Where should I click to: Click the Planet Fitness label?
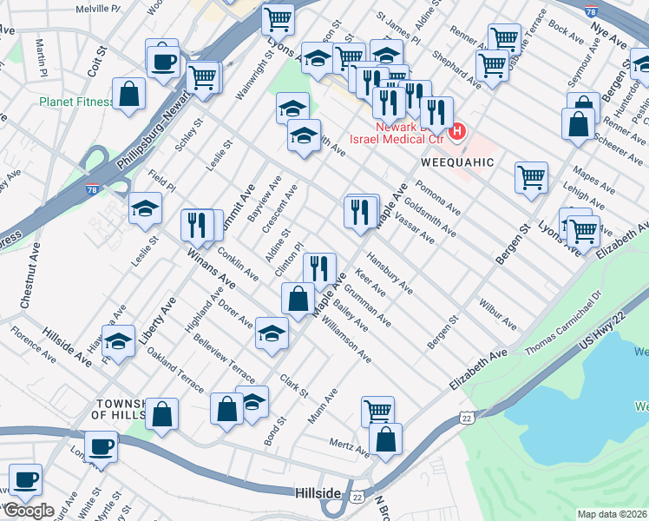(75, 102)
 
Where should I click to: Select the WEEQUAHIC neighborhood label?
(457, 162)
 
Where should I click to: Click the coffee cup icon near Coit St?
(162, 62)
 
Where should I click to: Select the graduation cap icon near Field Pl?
(145, 208)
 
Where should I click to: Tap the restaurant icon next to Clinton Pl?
(320, 269)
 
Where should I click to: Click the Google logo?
(29, 510)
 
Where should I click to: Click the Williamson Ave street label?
(345, 340)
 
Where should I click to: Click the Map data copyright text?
(613, 513)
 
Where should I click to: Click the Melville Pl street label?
(98, 8)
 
